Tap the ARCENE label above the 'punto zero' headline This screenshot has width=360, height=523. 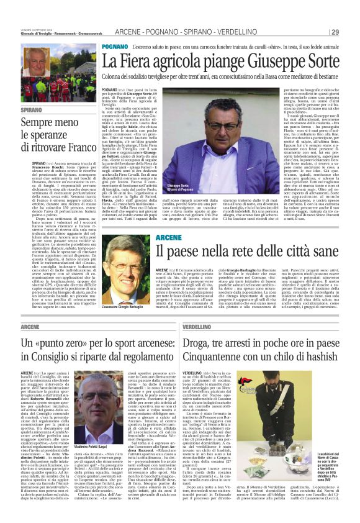[30, 326]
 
